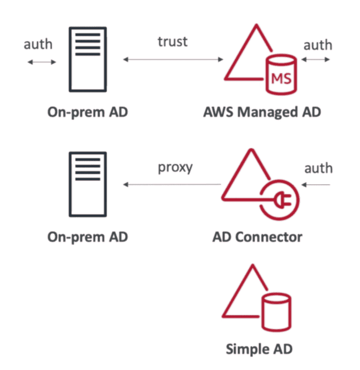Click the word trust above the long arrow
click(172, 41)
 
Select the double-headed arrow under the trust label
click(173, 60)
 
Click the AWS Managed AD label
click(262, 112)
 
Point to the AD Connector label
click(257, 237)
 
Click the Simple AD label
click(259, 349)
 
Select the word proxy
click(175, 167)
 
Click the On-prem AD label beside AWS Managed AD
click(88, 112)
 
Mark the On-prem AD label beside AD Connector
click(88, 237)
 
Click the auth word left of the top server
click(38, 44)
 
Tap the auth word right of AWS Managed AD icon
click(318, 45)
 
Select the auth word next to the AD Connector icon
click(318, 168)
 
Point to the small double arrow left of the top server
click(42, 62)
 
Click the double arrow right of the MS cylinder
click(316, 60)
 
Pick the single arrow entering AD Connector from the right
click(316, 185)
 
